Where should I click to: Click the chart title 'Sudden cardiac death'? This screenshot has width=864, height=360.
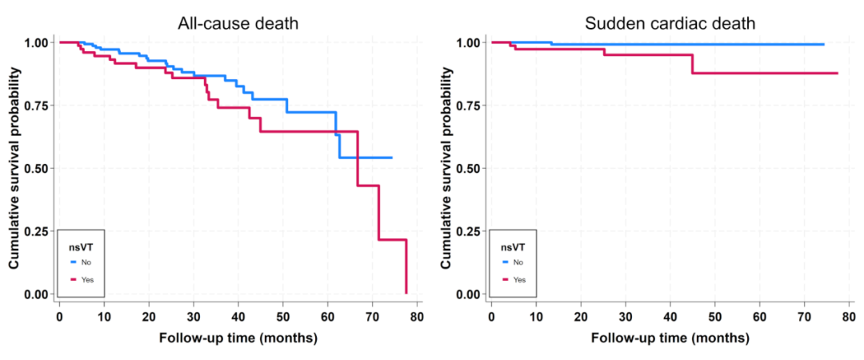coord(670,24)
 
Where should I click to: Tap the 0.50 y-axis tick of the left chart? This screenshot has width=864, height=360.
coord(42,168)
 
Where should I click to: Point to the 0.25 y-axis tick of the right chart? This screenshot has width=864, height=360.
coord(474,231)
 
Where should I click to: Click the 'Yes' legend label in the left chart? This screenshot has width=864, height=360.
coord(87,280)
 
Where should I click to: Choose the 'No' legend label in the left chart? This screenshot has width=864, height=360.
coord(86,262)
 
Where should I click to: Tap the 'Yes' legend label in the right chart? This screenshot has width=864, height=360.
coord(519,280)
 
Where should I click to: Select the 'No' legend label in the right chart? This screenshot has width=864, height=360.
coord(518,262)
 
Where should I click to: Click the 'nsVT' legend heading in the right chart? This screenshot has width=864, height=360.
coord(513,247)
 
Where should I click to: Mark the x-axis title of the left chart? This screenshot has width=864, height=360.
coord(238,338)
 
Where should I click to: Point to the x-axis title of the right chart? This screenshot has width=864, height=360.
coord(670,338)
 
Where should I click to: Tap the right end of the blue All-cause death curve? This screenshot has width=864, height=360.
coord(392,158)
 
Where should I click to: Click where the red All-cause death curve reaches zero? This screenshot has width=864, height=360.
coord(406,293)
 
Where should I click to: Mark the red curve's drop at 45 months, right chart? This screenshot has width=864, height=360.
coord(692,64)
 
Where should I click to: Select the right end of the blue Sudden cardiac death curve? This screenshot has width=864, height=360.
coord(824,44)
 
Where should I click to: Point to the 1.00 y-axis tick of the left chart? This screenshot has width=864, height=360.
coord(42,42)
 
